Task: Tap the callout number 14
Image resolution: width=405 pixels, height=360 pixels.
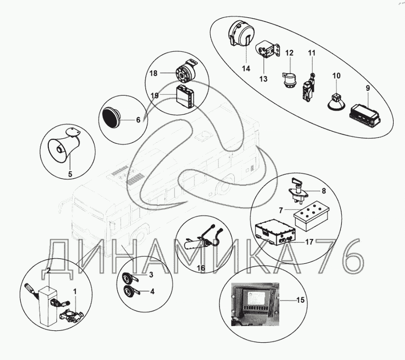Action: coord(246,69)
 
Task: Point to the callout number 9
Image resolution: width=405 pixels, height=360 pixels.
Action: coord(368,88)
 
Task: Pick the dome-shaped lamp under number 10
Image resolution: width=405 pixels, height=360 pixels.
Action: coord(336,103)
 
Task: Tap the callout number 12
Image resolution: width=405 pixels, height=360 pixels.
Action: coord(289,53)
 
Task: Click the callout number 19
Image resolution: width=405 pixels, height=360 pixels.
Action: coord(154,95)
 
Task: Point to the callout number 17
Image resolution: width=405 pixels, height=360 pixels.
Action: coord(309,242)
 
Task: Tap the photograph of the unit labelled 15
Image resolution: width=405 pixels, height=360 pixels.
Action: coord(255,304)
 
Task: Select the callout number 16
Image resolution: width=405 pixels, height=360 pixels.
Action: coord(201,268)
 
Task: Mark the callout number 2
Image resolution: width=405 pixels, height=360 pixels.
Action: coord(48,271)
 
